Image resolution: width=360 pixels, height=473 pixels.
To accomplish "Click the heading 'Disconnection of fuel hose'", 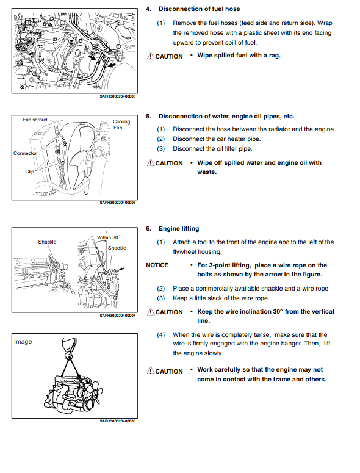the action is click(x=200, y=9).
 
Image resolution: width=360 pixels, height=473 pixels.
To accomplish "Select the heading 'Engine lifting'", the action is click(x=179, y=229).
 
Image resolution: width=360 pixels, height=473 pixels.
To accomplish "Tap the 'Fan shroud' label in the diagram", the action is click(x=35, y=120).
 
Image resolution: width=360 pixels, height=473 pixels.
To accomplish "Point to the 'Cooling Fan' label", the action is click(x=121, y=125).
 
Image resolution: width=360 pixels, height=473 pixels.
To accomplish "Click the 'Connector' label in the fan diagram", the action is click(x=25, y=153).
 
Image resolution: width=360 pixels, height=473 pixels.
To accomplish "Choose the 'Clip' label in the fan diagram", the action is click(x=29, y=172).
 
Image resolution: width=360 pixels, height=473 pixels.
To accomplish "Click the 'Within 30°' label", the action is click(x=109, y=237).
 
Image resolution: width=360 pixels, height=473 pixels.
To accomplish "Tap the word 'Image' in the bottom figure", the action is click(x=23, y=342).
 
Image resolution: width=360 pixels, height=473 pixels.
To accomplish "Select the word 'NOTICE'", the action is click(x=157, y=265).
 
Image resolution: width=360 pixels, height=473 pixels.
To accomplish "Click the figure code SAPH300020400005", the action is click(x=118, y=96).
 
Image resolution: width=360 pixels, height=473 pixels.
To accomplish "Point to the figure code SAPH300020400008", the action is click(x=118, y=421).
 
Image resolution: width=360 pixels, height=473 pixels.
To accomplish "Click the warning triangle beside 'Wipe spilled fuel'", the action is click(x=151, y=56).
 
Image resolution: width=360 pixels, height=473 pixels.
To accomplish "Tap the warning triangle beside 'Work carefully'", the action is click(x=151, y=370).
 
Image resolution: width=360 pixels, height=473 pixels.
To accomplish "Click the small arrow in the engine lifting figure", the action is click(x=122, y=269).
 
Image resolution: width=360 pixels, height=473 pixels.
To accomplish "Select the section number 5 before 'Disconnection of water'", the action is click(x=148, y=117).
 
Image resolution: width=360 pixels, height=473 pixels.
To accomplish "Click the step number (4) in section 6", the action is click(x=160, y=335).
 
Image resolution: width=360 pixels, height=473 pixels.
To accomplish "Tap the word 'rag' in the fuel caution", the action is click(x=274, y=56).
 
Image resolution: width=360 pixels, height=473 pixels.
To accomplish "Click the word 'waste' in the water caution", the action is click(x=206, y=172).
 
